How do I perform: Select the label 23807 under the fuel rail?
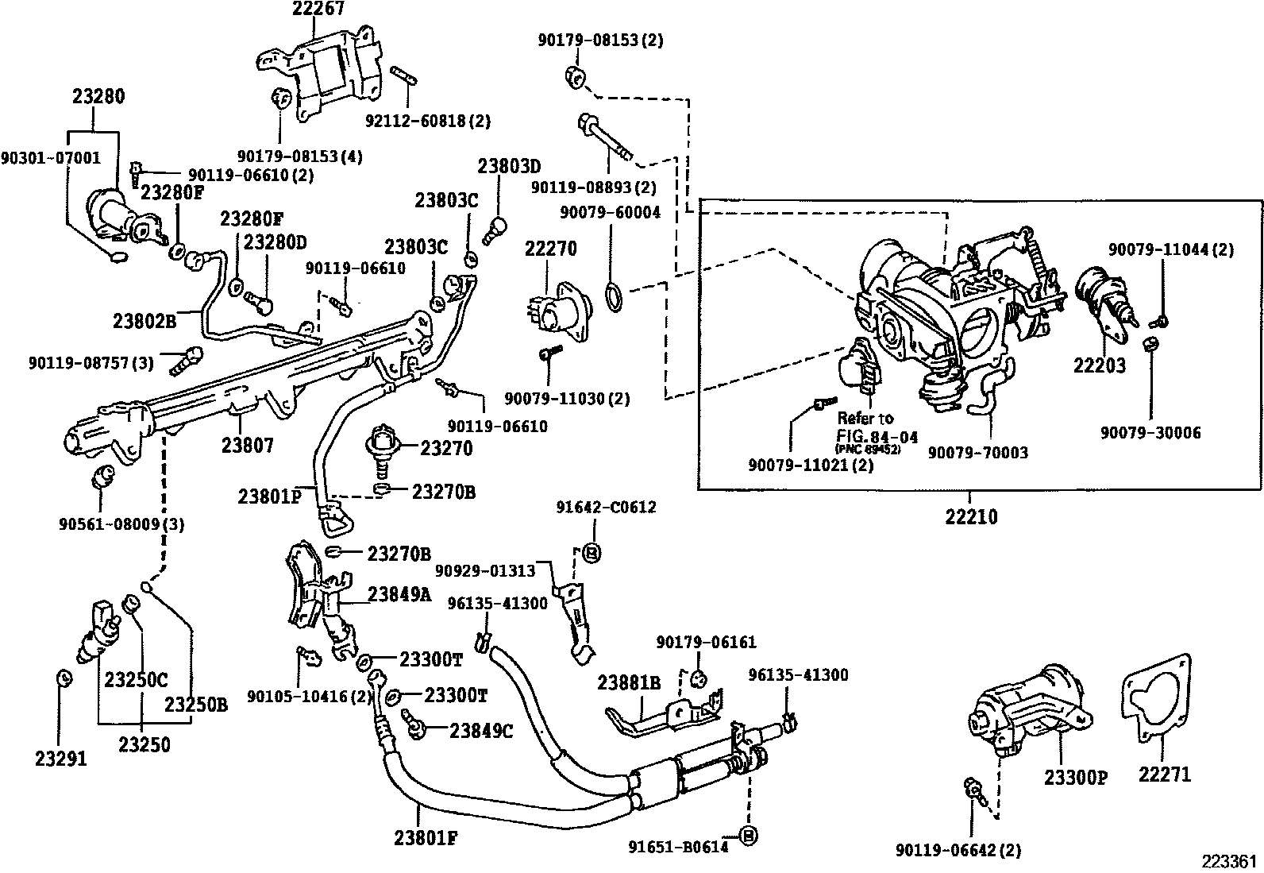coord(247,445)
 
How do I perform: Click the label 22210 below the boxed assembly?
coord(972,516)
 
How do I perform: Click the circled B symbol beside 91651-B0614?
coord(746,835)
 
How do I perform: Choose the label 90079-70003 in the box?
coord(978,452)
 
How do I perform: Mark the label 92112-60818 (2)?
coord(428,122)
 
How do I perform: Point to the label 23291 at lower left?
coord(60,759)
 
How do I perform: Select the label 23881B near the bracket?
coord(630,683)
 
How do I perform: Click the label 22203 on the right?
coord(1100,366)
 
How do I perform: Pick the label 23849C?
coord(481,730)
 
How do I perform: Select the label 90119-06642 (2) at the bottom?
coord(958,850)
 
